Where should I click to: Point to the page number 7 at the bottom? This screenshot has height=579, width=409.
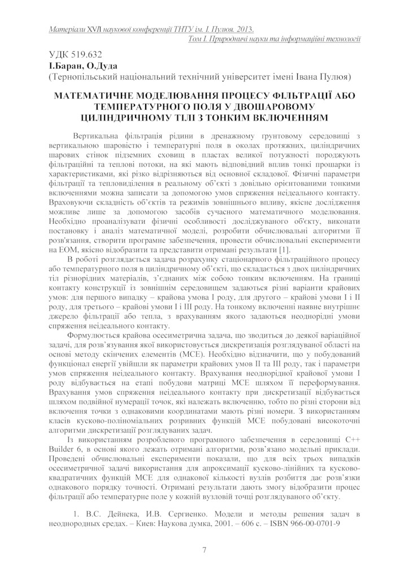pos(204,550)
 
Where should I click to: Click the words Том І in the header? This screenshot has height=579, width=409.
pos(197,38)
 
